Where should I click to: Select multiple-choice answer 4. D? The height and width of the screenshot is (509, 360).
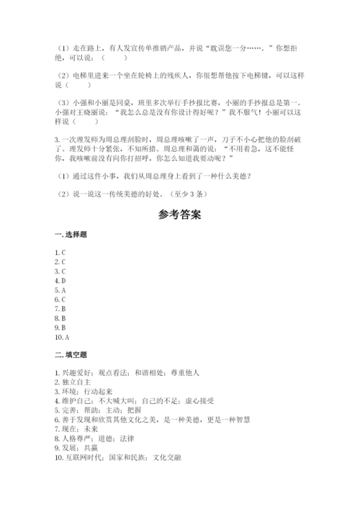pos(60,280)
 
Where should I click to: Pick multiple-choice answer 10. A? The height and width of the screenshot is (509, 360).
pos(61,336)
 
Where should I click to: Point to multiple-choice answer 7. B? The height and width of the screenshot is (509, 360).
pos(60,308)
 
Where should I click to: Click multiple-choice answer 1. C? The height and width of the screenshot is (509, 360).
pos(60,252)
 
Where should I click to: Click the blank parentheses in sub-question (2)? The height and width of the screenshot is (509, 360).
pos(80,84)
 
